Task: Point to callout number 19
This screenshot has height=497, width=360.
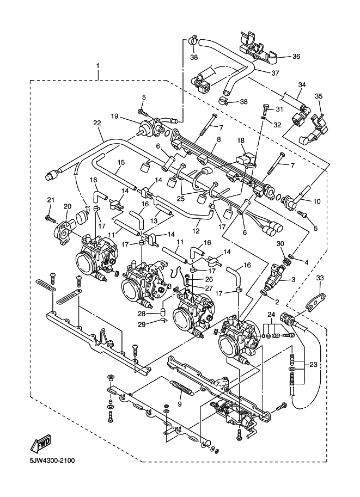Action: (115, 115)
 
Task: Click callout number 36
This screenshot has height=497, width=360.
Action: (296, 56)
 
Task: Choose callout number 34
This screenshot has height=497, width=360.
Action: (302, 84)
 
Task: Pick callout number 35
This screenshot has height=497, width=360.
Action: (319, 96)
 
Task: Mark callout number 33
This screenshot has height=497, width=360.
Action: (320, 278)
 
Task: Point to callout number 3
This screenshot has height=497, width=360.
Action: (293, 279)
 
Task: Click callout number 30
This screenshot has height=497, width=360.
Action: (281, 243)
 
